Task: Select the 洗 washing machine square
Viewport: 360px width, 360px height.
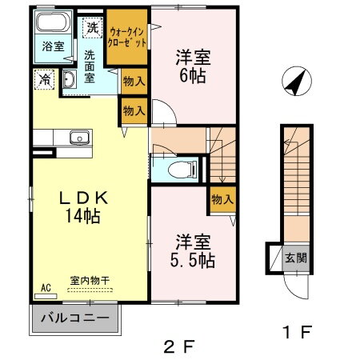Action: [94, 26]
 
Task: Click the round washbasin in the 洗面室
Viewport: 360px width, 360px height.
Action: [68, 78]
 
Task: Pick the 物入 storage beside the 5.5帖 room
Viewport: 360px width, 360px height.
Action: [222, 200]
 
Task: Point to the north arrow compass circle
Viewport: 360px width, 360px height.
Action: [296, 82]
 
